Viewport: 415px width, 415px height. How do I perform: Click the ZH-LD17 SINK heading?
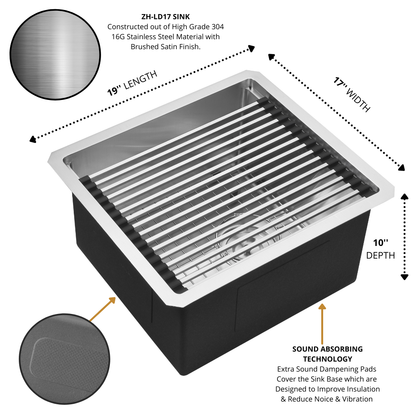[165, 17]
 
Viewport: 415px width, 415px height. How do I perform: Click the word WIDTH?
[358, 101]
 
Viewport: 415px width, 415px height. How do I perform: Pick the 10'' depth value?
[380, 243]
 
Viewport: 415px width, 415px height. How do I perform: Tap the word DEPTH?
[380, 256]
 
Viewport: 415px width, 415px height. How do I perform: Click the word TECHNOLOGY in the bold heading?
[327, 359]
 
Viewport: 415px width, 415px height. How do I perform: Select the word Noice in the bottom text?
[317, 399]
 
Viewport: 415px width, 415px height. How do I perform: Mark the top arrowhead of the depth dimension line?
[404, 196]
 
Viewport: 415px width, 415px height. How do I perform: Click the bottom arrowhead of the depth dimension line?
[404, 277]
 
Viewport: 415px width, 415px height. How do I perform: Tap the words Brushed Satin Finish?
[166, 47]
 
